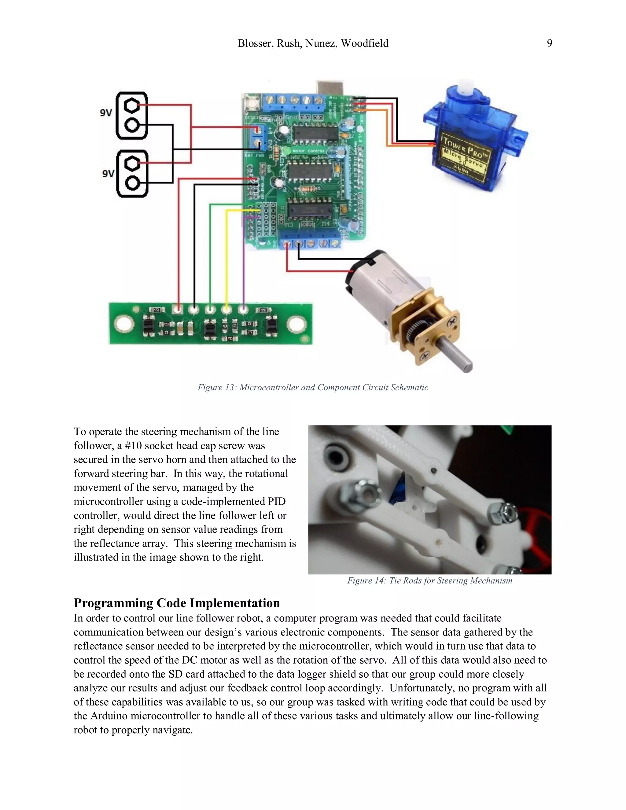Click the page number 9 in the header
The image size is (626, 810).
point(549,43)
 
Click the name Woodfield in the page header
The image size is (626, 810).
point(365,43)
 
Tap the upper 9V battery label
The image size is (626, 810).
point(106,113)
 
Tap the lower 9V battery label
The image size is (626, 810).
point(108,173)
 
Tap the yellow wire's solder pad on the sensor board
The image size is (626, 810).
point(226,309)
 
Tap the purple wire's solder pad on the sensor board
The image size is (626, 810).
point(243,309)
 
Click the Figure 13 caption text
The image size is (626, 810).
point(313,388)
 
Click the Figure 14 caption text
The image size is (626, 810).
point(429,580)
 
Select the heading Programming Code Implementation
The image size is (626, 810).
point(177,603)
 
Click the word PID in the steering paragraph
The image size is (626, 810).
point(276,501)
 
